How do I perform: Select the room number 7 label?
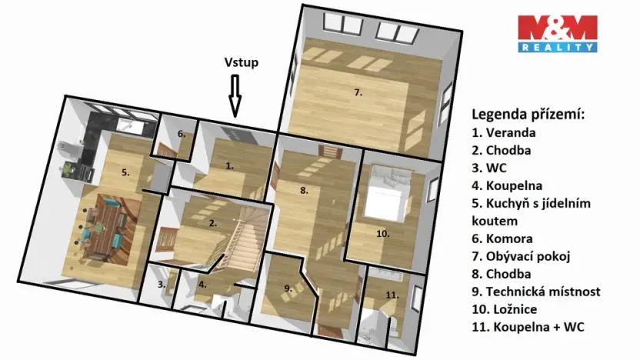(358, 92)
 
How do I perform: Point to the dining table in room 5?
(108, 228)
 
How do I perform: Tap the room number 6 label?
(182, 134)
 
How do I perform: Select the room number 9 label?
(288, 288)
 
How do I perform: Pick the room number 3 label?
(162, 285)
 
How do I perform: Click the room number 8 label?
(304, 190)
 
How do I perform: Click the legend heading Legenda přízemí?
(528, 115)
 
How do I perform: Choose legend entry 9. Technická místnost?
(535, 292)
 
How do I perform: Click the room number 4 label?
(202, 285)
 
